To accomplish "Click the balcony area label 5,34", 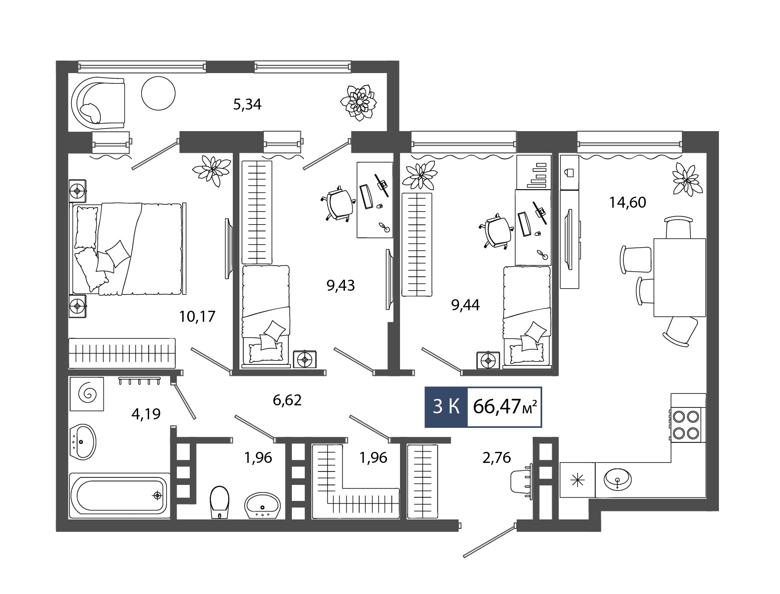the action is [x=247, y=105].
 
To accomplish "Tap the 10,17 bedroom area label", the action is [x=197, y=316].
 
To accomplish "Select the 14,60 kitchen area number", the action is [x=627, y=202].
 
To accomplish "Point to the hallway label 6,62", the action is [x=287, y=400].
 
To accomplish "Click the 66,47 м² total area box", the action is [x=504, y=407].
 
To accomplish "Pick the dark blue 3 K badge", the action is [x=447, y=407].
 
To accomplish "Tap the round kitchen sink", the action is [x=618, y=479].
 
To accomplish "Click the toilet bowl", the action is [x=219, y=502].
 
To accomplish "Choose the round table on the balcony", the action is [x=158, y=93].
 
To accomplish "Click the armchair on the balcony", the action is [x=98, y=103].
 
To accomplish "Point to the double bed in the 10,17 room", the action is [x=128, y=249].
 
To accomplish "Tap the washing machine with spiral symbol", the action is [x=87, y=394].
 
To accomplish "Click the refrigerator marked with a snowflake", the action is [x=577, y=480].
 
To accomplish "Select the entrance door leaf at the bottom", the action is [x=490, y=540].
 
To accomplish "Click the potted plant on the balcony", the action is [x=358, y=103].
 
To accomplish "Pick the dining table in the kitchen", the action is [x=679, y=277].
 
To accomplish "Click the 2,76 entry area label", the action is [x=497, y=458].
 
